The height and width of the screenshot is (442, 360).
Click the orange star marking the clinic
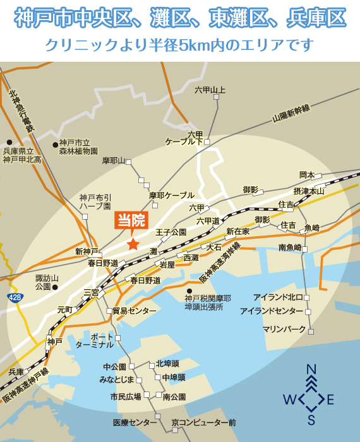[133, 244]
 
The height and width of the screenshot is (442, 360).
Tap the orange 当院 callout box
[131, 221]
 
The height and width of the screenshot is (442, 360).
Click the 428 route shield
[15, 296]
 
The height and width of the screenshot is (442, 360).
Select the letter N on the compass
[311, 370]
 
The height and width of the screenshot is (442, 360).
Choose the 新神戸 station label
[87, 251]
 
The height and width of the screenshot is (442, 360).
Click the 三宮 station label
[91, 292]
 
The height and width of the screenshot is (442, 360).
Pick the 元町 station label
[65, 310]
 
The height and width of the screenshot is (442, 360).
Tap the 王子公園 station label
[171, 232]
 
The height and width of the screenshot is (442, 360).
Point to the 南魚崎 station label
[290, 248]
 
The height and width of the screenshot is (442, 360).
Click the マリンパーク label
[284, 330]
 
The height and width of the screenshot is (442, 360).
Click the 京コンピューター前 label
[203, 422]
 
